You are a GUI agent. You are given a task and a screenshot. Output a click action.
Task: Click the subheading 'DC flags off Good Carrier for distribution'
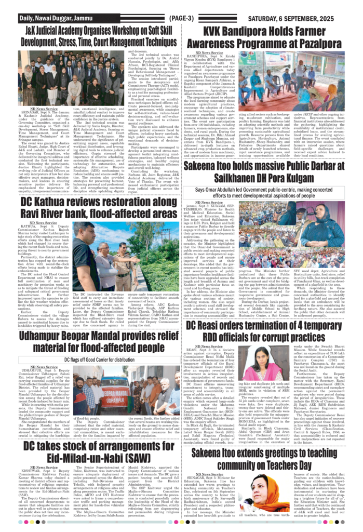[x=91, y=359]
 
